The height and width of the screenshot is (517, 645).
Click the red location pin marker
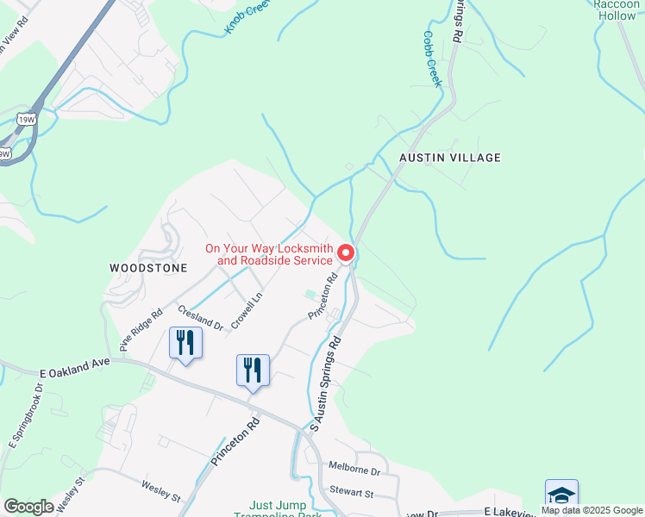point(346,252)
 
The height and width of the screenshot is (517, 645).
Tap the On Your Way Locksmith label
point(268,254)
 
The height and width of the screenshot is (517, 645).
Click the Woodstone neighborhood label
point(148,268)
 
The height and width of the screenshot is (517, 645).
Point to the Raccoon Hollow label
point(617,9)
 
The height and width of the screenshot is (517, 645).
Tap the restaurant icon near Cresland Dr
point(185,342)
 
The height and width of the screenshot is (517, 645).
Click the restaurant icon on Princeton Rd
point(253,370)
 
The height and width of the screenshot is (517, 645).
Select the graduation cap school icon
point(561,495)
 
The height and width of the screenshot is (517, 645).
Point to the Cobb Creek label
point(432,59)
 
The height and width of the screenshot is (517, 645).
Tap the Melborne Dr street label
point(354,470)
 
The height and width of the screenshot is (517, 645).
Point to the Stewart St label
point(351,493)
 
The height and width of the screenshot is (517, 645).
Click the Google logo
point(28,507)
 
